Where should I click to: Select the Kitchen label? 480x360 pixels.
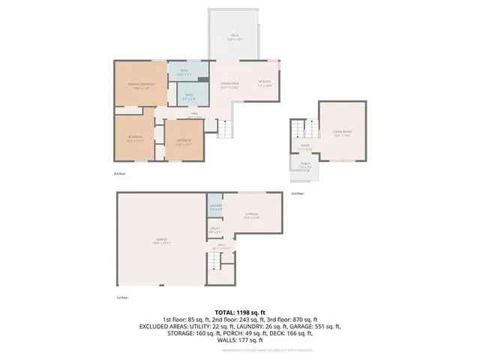(264, 82)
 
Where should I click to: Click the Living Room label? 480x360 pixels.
(341, 133)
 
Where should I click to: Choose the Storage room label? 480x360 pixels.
(250, 216)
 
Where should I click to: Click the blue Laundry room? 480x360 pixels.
(215, 208)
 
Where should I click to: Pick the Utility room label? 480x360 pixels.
(214, 229)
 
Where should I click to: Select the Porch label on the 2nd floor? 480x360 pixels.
(304, 166)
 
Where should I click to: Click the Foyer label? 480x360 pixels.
(304, 148)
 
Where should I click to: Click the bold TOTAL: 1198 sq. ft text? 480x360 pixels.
(239, 312)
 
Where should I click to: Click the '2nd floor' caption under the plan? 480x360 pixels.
(297, 193)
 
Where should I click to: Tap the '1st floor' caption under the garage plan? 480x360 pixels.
(121, 298)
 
